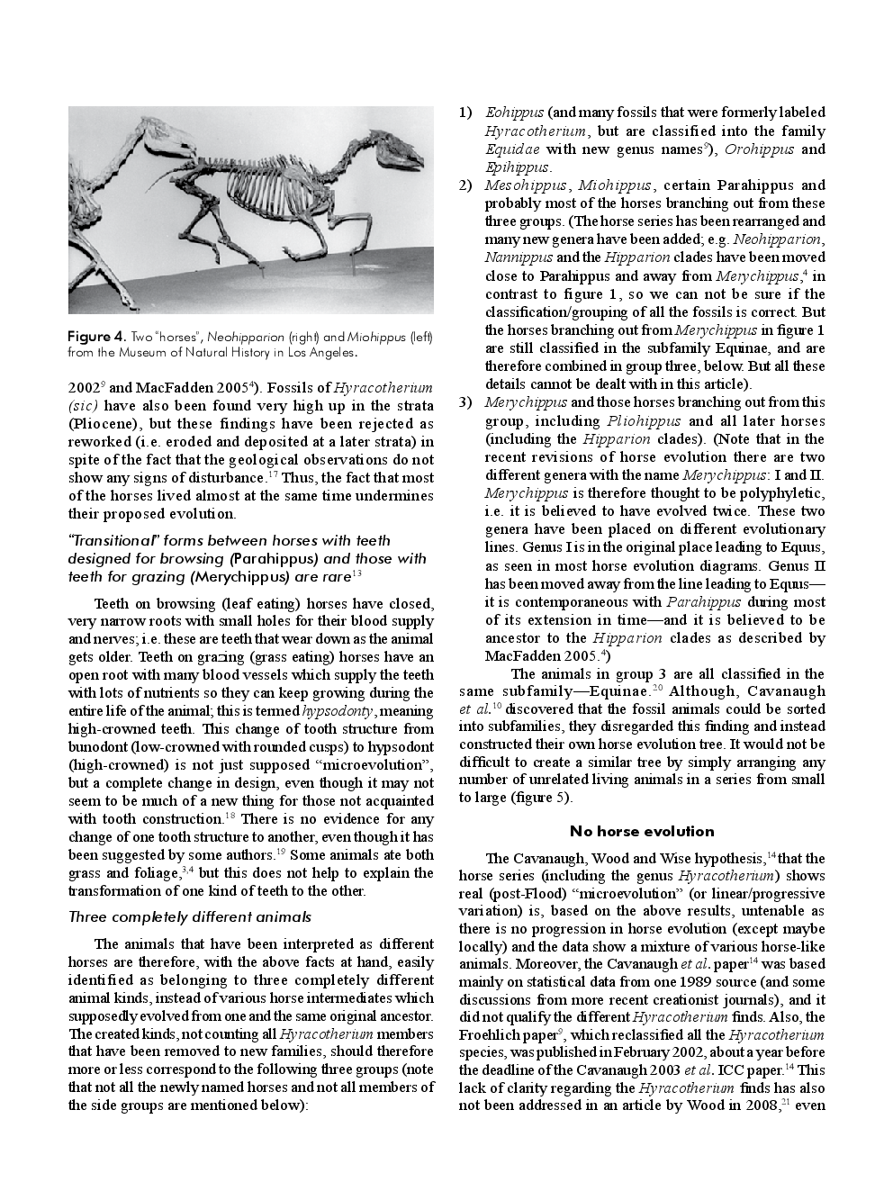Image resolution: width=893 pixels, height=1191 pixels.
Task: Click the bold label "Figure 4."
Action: (96, 337)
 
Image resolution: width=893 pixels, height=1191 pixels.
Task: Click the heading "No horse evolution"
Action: (642, 831)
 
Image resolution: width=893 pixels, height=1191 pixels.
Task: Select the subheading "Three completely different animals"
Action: (190, 917)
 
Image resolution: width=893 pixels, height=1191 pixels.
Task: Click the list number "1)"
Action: (465, 113)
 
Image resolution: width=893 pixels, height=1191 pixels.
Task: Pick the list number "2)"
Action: (465, 185)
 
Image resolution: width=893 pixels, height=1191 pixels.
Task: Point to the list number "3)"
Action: (465, 402)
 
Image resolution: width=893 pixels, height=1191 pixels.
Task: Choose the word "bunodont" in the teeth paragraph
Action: (98, 747)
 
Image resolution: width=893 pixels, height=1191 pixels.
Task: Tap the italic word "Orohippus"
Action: (759, 149)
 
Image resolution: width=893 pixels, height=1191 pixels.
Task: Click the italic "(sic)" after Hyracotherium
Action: (86, 405)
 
